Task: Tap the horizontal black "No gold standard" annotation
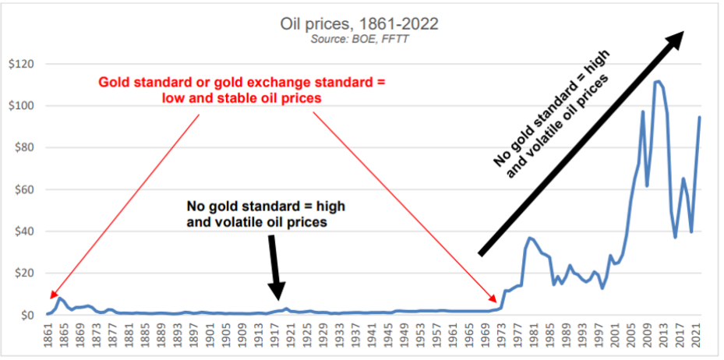pos(265,213)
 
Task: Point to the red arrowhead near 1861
pos(52,295)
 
